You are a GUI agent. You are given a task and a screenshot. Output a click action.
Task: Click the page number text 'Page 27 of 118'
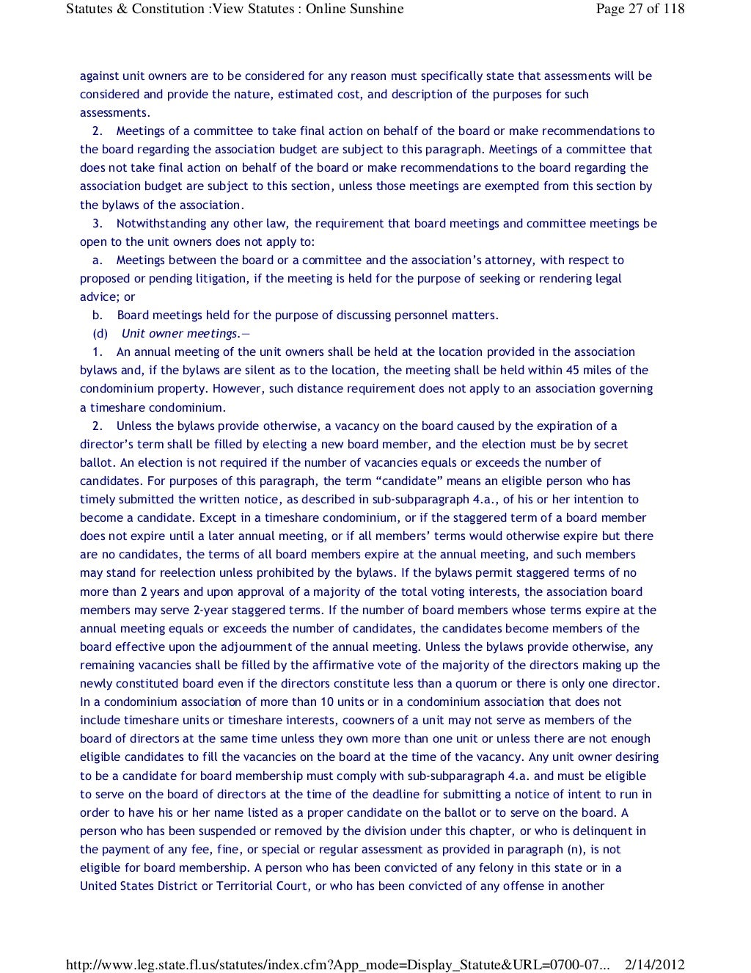tap(640, 9)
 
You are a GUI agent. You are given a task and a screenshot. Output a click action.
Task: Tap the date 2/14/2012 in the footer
tap(654, 964)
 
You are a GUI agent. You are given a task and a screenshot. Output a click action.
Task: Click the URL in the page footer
tap(337, 964)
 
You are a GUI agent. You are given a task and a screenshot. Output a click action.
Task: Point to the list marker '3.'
tap(98, 223)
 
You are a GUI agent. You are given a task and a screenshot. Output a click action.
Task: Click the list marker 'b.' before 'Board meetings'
tap(98, 316)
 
